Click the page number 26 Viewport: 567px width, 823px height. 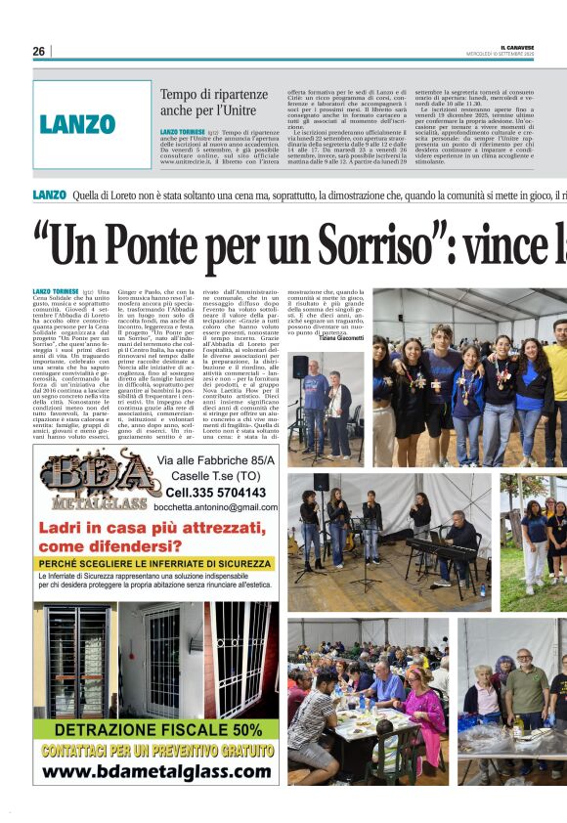[38, 51]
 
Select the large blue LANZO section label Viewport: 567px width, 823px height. [78, 124]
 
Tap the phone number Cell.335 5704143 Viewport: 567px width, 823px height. [216, 492]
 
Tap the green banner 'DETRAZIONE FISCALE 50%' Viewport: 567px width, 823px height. [156, 729]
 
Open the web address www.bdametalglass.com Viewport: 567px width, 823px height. [156, 772]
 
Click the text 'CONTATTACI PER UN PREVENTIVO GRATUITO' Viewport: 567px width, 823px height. [156, 751]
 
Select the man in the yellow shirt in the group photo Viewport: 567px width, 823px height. [555, 371]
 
